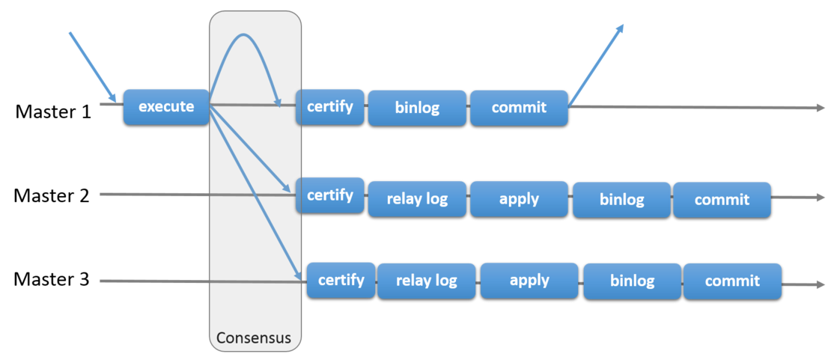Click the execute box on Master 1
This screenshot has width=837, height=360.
[166, 107]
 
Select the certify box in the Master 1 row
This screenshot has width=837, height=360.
[330, 107]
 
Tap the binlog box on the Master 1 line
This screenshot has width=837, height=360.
[417, 109]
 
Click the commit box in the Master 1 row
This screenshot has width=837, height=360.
[519, 109]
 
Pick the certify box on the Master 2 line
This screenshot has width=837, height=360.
[330, 196]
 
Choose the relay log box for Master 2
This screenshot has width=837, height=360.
[417, 199]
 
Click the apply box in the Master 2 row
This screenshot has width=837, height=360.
[519, 199]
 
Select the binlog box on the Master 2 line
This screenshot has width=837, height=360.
[621, 200]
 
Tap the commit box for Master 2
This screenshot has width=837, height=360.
[722, 200]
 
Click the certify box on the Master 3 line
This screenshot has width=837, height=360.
[341, 280]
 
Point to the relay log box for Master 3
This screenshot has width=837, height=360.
[427, 281]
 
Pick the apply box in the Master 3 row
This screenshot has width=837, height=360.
[529, 281]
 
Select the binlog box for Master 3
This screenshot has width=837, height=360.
[632, 281]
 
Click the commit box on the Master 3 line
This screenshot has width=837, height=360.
[732, 281]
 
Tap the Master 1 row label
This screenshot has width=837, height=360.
[53, 112]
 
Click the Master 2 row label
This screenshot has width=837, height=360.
[52, 196]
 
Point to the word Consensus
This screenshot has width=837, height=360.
[254, 338]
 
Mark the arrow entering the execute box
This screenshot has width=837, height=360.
[93, 67]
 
